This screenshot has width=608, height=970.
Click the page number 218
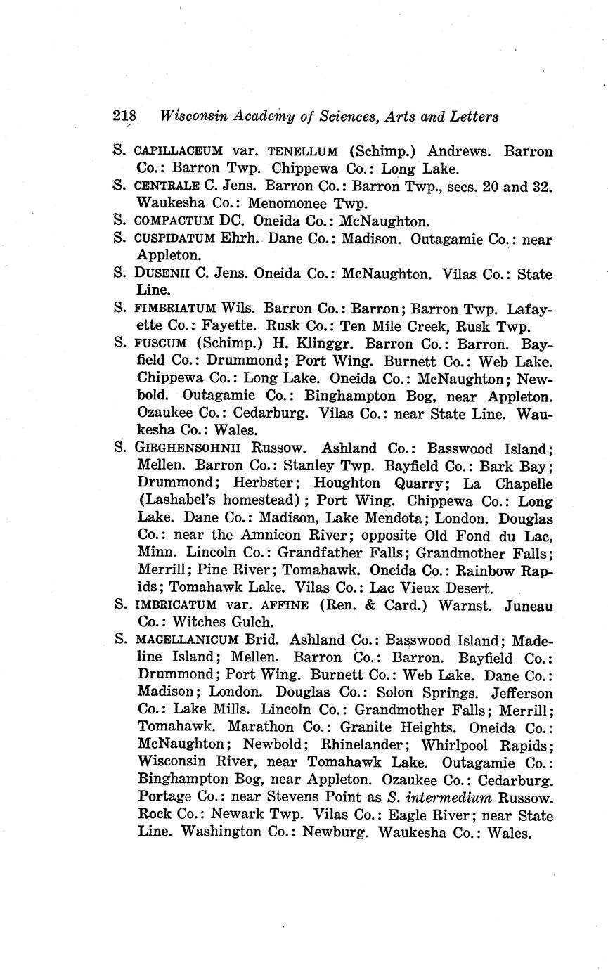pyautogui.click(x=124, y=117)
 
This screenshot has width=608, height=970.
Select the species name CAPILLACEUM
pyautogui.click(x=179, y=151)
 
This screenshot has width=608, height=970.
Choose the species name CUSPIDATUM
pyautogui.click(x=174, y=239)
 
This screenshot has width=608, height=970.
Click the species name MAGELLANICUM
pyautogui.click(x=186, y=640)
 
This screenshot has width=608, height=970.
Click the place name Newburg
pyautogui.click(x=339, y=833)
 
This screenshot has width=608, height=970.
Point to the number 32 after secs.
pyautogui.click(x=542, y=187)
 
